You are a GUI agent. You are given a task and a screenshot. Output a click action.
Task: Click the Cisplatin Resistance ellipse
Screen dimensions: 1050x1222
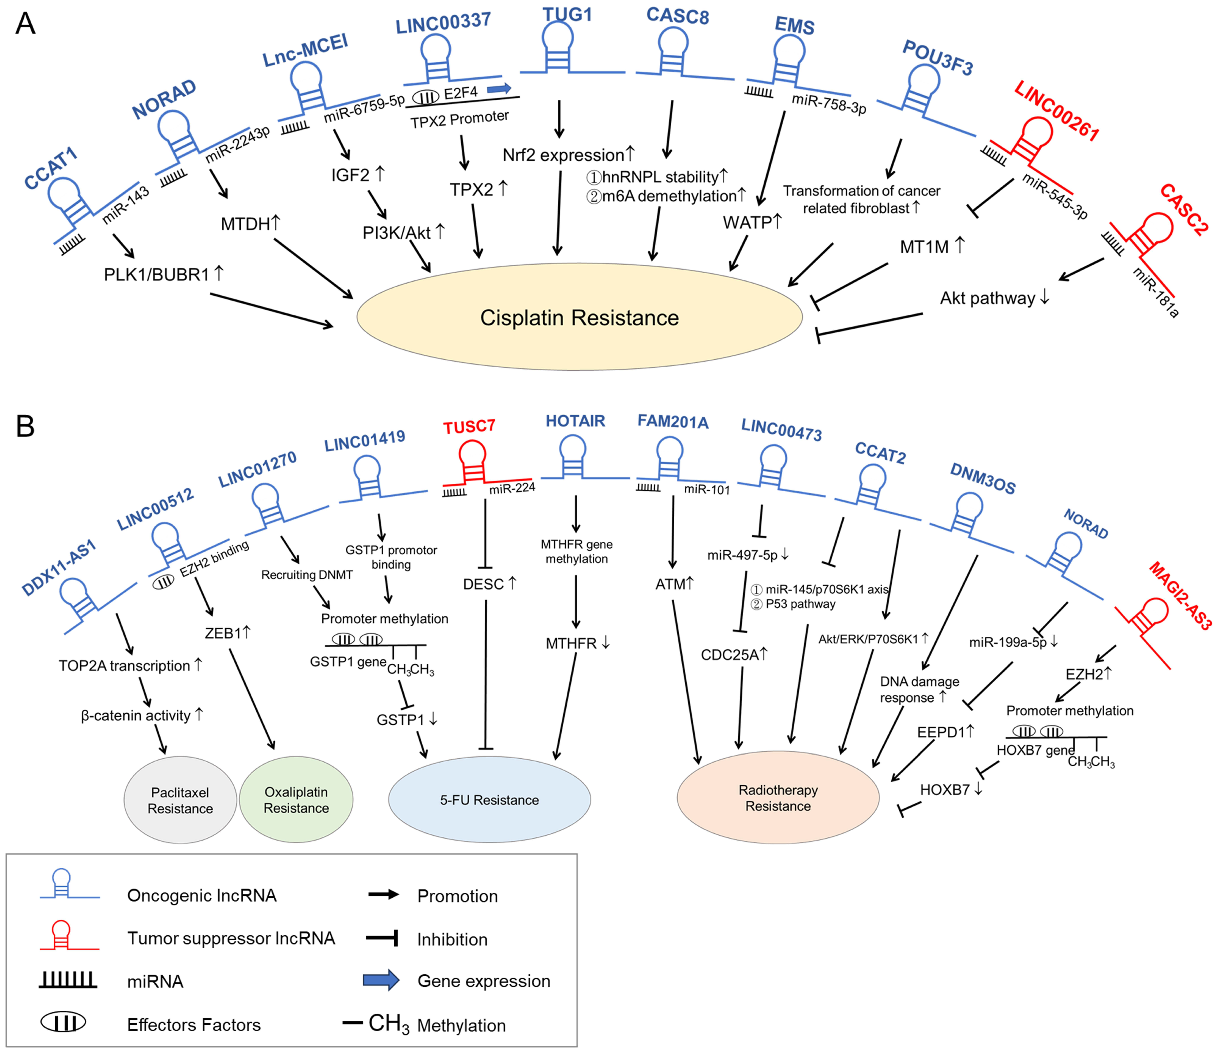tap(579, 317)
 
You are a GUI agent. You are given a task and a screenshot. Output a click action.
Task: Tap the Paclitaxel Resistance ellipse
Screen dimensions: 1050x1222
tap(180, 800)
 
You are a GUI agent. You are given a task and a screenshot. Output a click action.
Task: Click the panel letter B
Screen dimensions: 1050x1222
tap(25, 426)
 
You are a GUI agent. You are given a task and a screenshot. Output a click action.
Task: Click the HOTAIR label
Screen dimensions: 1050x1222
tap(575, 421)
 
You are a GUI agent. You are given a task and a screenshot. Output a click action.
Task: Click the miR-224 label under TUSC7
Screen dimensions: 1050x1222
tap(512, 488)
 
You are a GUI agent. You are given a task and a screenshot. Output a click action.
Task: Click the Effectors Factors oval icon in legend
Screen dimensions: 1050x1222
tap(63, 1022)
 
